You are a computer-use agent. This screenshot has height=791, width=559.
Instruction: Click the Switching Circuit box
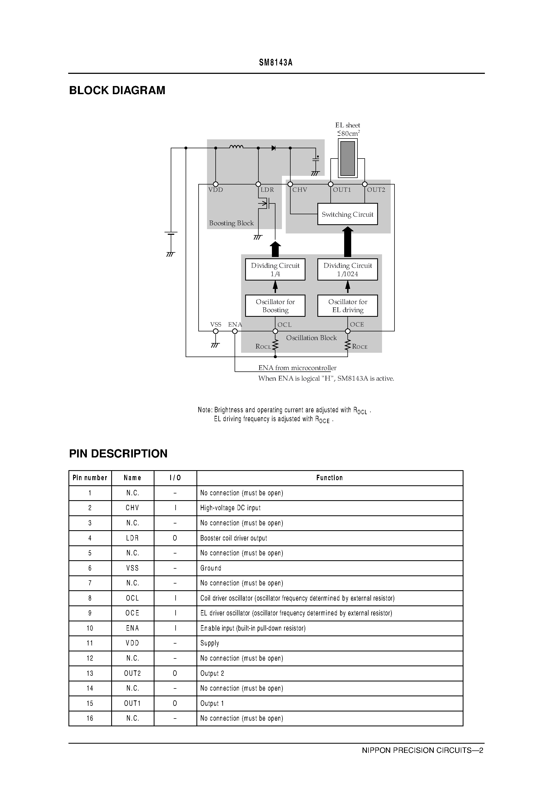coord(347,214)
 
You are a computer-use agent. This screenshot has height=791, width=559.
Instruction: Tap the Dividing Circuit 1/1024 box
coord(347,269)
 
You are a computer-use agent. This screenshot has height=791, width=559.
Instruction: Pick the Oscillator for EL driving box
coord(347,306)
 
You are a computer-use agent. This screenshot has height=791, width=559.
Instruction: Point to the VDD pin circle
coord(216,184)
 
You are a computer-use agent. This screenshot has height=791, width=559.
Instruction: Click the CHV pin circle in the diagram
coord(290,184)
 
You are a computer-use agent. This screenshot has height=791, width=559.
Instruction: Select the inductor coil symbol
coord(236,147)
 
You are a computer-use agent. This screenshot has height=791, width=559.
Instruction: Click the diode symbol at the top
coord(274,148)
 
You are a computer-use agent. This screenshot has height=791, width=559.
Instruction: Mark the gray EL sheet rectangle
coord(347,159)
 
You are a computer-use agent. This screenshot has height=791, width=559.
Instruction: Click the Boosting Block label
coord(231,223)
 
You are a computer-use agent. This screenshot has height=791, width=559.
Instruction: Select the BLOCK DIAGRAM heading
coord(117,90)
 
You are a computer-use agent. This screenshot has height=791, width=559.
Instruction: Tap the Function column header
coord(330,478)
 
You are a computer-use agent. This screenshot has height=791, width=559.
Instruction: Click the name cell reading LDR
coord(132,538)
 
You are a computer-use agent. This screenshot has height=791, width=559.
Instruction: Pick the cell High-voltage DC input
coord(230,508)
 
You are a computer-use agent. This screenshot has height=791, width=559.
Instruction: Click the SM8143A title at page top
coord(276,63)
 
